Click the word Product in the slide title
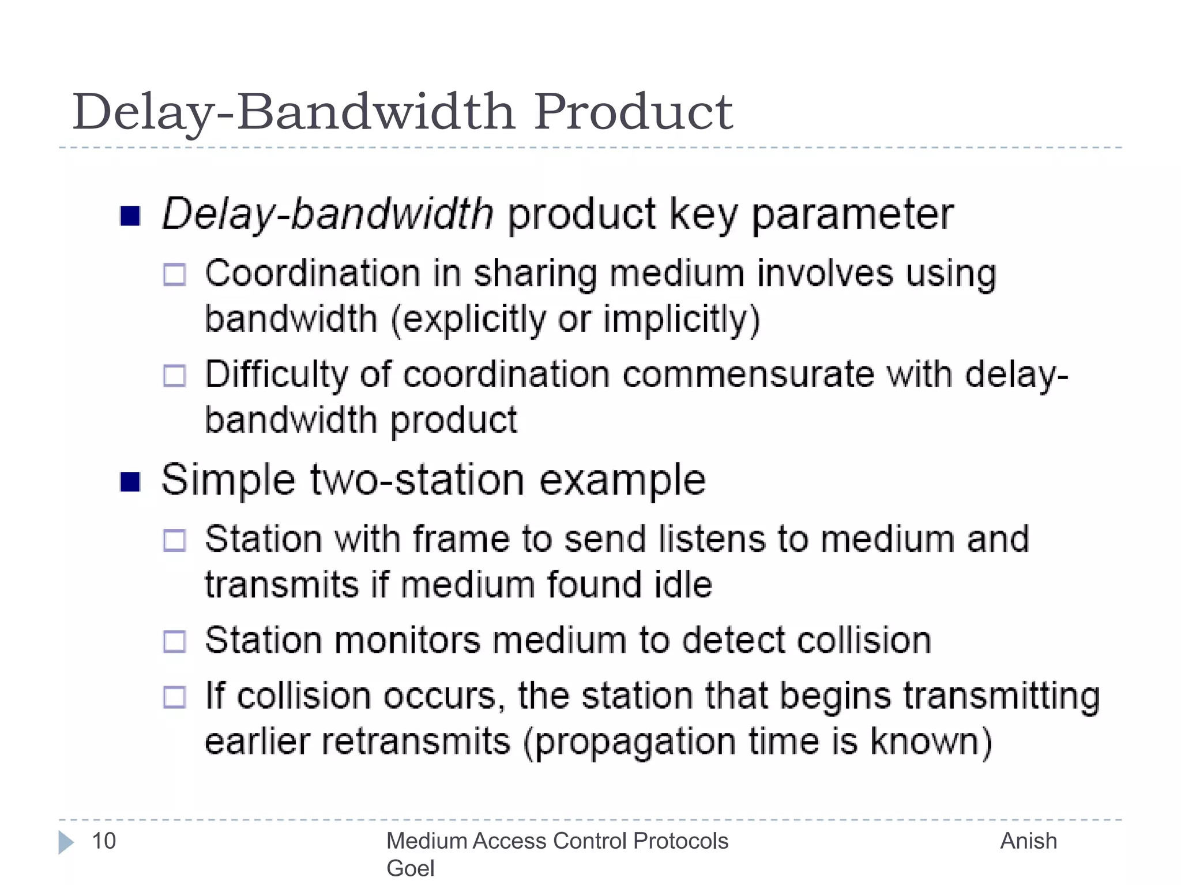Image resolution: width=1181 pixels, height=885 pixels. pyautogui.click(x=633, y=112)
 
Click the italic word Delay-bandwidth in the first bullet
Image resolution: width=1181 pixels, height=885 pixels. pyautogui.click(x=328, y=214)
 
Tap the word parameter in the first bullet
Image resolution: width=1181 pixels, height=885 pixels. pyautogui.click(x=852, y=214)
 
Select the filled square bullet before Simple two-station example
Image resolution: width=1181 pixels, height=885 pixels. pyautogui.click(x=130, y=482)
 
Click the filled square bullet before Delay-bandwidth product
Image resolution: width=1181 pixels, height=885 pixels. pyautogui.click(x=130, y=217)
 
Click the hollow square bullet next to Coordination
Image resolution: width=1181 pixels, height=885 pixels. pyautogui.click(x=175, y=275)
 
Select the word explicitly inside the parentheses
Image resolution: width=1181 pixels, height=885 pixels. pyautogui.click(x=473, y=320)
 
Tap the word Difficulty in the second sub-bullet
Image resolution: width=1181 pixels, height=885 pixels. pyautogui.click(x=276, y=375)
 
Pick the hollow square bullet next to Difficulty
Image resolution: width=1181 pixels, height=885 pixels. pyautogui.click(x=175, y=376)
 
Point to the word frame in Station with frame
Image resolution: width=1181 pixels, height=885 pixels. pyautogui.click(x=461, y=539)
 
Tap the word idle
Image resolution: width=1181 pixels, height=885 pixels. pyautogui.click(x=683, y=585)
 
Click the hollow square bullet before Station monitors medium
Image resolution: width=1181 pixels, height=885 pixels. pyautogui.click(x=175, y=641)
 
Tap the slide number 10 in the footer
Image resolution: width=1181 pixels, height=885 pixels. pyautogui.click(x=104, y=841)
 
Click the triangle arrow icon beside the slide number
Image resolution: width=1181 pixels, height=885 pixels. pyautogui.click(x=66, y=842)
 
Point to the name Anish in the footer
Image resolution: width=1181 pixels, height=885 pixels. pyautogui.click(x=1028, y=841)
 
